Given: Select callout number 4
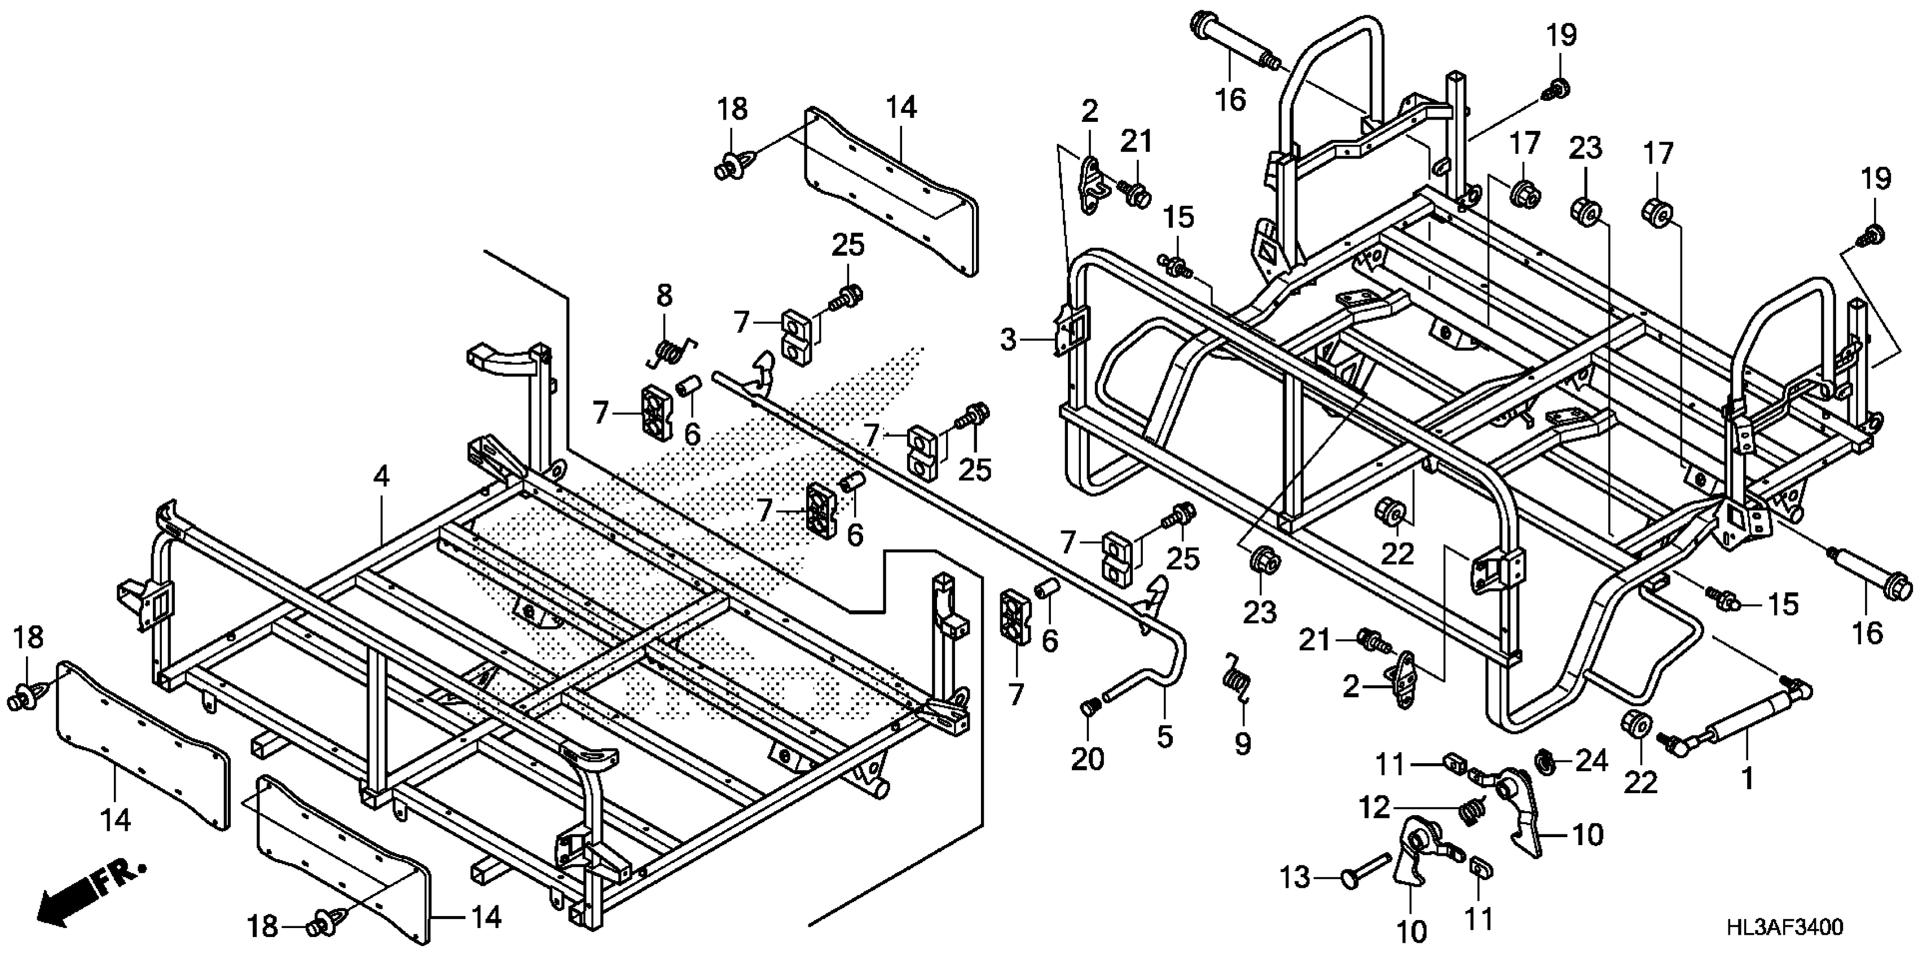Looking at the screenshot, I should [x=381, y=477].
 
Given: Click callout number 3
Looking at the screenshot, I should [x=1008, y=342].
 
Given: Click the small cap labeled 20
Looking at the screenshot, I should [x=1090, y=708].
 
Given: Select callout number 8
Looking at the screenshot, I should [x=664, y=296].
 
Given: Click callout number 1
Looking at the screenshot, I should [x=1747, y=779].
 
